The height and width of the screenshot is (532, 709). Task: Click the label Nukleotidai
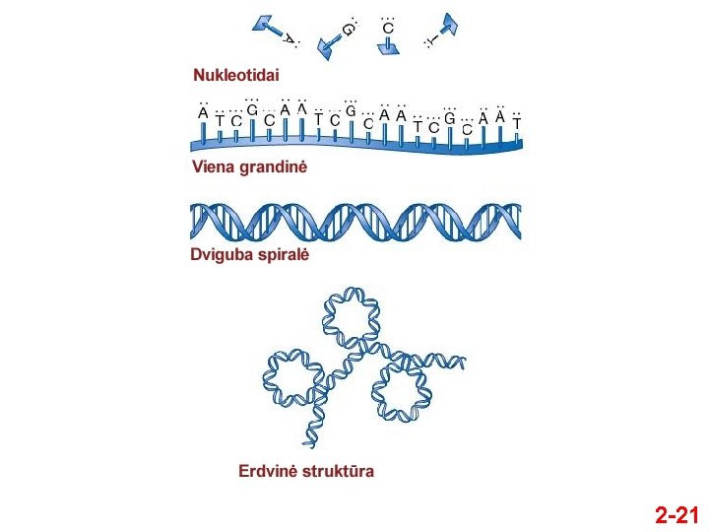236,75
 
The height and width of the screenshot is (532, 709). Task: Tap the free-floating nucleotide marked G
339,37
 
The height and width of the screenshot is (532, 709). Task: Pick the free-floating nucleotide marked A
276,31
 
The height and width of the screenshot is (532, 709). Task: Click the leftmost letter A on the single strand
203,113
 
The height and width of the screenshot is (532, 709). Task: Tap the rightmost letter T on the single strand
517,123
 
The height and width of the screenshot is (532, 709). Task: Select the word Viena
212,167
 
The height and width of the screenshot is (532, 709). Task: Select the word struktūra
339,471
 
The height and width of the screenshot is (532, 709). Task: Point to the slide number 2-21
677,515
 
